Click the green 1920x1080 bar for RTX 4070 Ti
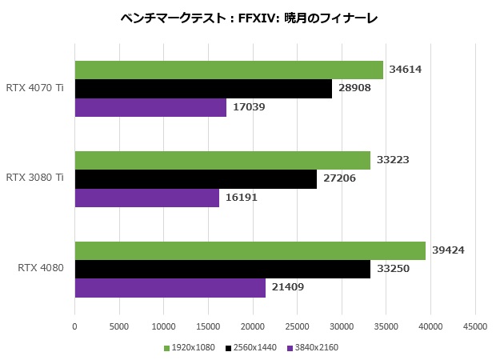(x=229, y=70)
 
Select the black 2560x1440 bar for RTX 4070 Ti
(x=203, y=88)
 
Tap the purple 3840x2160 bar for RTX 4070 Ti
(x=150, y=106)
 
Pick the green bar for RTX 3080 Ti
(x=222, y=160)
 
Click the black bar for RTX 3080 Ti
(x=196, y=178)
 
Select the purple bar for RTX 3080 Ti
(x=146, y=197)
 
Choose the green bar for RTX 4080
(x=250, y=250)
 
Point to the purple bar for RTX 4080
(x=170, y=287)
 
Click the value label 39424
(x=448, y=250)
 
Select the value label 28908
(x=354, y=88)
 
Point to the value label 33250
(x=393, y=269)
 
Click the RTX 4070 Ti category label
(x=34, y=88)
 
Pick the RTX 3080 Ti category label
(x=34, y=178)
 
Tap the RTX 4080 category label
(x=40, y=268)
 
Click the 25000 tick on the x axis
(x=298, y=326)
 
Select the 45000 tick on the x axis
(x=475, y=326)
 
